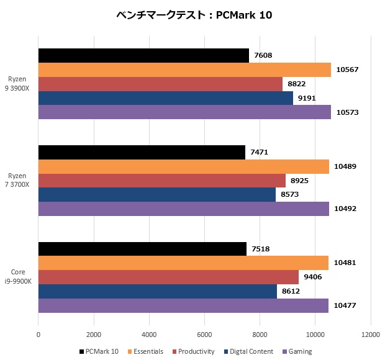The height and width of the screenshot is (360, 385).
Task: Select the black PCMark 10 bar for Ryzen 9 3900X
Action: [x=143, y=56]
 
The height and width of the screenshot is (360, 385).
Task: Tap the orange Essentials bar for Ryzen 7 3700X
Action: [x=184, y=166]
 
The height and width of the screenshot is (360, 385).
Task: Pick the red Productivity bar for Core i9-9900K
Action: [x=168, y=277]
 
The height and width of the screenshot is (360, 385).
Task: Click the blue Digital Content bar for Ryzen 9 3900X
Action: [x=165, y=98]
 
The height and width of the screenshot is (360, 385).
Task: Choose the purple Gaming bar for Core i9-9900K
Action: [x=183, y=305]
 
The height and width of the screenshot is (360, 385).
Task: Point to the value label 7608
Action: [x=263, y=56]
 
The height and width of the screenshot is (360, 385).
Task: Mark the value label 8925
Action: [x=299, y=181]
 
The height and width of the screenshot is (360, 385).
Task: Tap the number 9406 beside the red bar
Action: [x=313, y=277]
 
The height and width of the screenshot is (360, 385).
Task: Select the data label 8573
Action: [x=289, y=195]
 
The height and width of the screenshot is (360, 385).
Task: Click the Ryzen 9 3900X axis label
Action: [x=19, y=84]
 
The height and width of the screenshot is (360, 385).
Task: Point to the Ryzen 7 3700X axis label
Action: [x=19, y=181]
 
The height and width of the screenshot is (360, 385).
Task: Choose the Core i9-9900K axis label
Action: [x=18, y=277]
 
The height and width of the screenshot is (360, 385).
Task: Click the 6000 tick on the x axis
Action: [x=204, y=334]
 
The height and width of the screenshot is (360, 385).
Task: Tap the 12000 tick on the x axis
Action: [x=371, y=334]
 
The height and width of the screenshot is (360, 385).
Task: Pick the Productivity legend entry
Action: [x=193, y=351]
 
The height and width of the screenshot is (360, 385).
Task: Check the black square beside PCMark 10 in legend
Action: [x=82, y=352]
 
